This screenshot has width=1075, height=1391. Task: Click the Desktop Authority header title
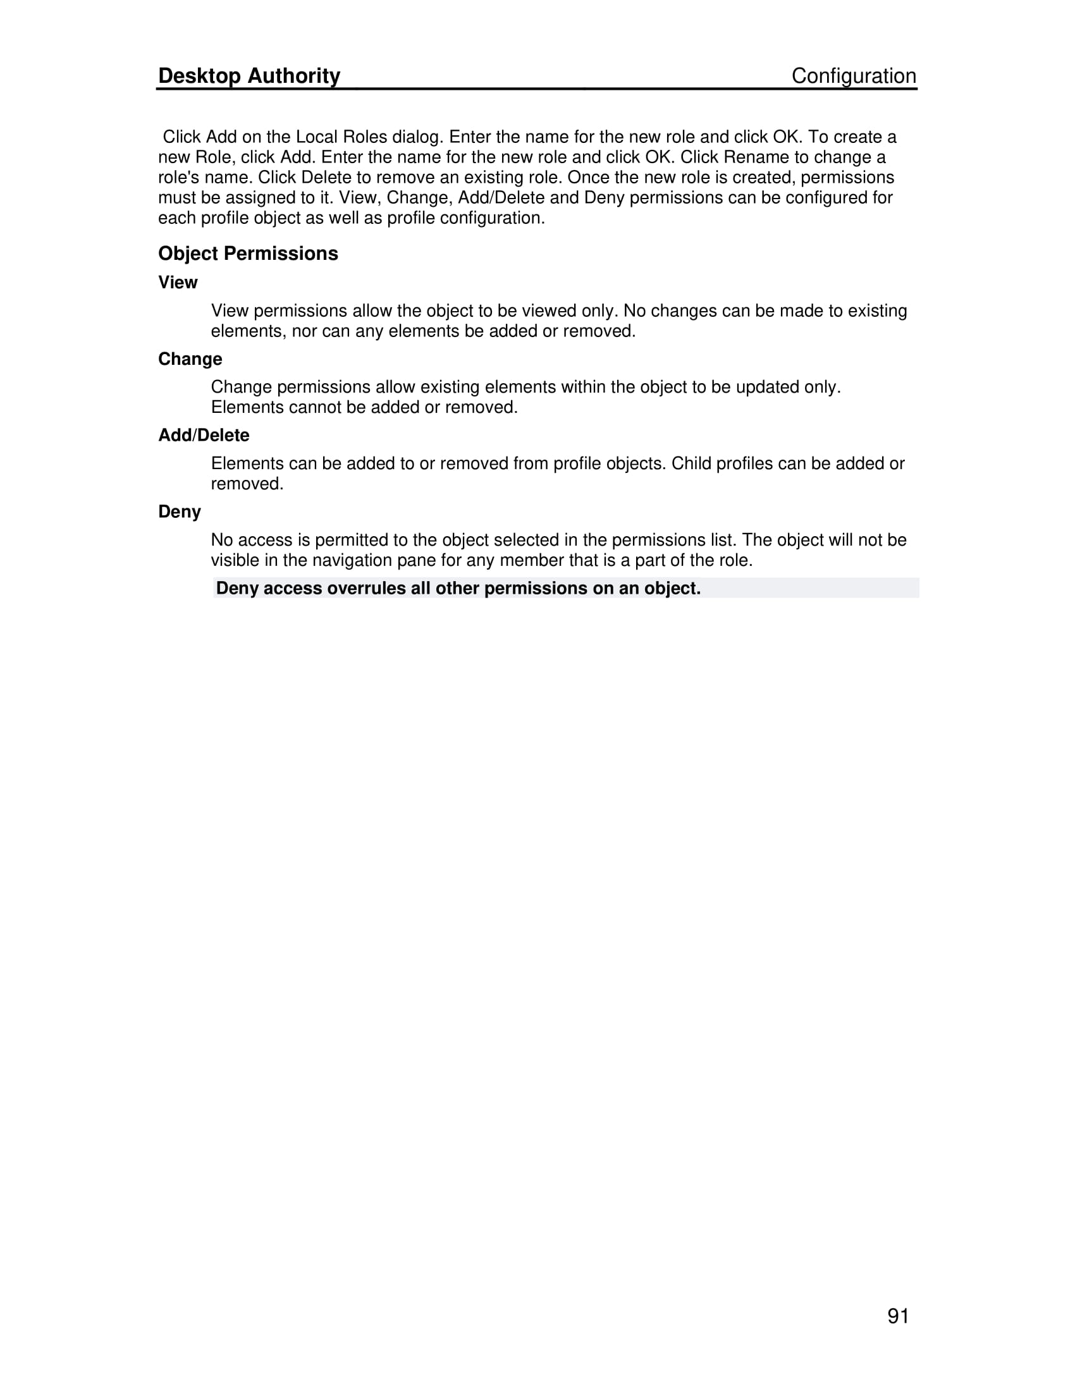tap(249, 76)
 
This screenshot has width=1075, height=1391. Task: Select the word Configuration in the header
tap(854, 76)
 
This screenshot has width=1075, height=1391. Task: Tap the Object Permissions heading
tap(248, 254)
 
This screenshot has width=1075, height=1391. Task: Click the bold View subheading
tap(178, 282)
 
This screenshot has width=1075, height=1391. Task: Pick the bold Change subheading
tap(190, 359)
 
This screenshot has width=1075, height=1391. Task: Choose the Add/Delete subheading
tap(204, 436)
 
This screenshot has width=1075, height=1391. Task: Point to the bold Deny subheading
tap(179, 512)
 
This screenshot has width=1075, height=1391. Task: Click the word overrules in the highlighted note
tap(366, 589)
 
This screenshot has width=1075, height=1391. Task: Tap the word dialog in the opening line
tap(417, 137)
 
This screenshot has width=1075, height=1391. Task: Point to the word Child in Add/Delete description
tap(691, 463)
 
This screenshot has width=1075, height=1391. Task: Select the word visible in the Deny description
tap(235, 560)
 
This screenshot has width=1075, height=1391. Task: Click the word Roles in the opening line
tap(365, 137)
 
